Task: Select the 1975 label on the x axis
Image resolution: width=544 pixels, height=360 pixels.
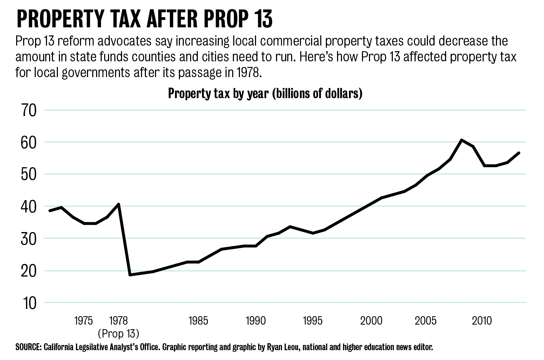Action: pos(83,320)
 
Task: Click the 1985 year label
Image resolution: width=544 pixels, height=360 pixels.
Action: pos(198,320)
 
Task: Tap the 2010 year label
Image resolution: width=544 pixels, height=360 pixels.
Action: pos(482,320)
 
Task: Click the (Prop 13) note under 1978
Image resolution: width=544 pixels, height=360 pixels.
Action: pos(119,333)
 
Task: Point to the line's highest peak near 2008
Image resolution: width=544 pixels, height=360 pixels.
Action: pos(462,140)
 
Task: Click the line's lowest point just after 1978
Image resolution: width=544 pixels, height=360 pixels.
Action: pos(130,275)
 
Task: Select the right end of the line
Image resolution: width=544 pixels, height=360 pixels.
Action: pos(519,153)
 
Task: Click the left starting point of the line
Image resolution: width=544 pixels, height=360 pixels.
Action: pos(49,211)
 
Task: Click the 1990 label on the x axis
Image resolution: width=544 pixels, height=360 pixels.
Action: pos(256,320)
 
